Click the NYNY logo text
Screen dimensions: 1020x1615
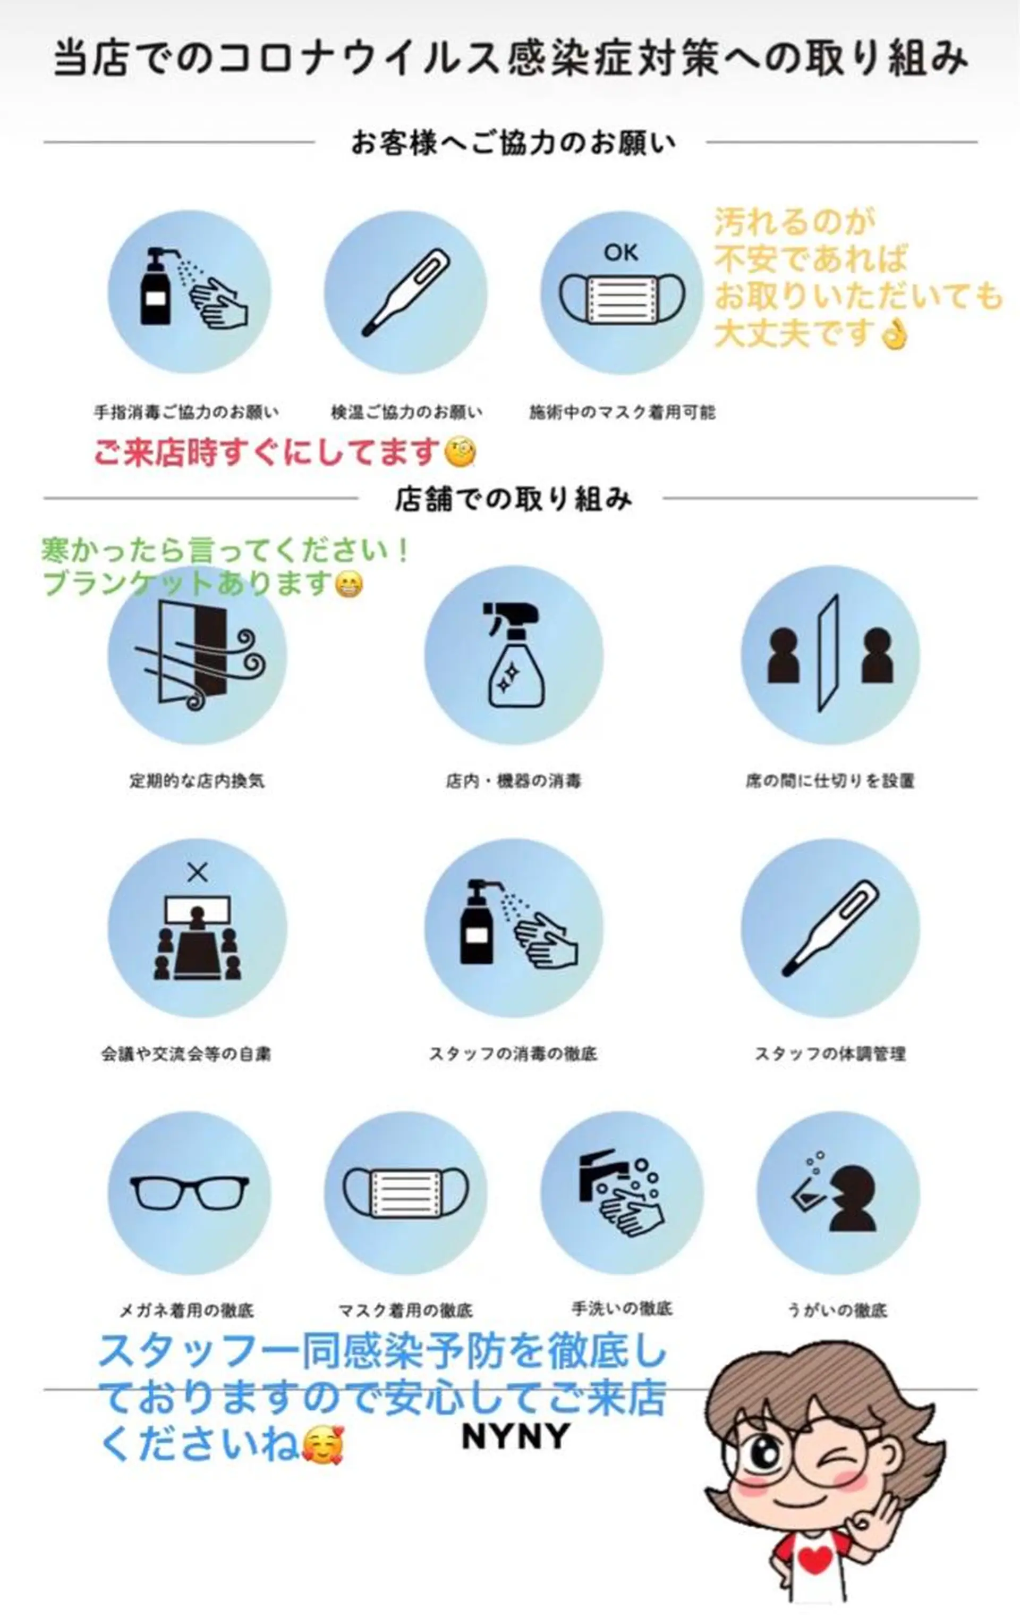pos(515,1436)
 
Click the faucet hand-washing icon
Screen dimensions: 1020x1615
pos(620,1192)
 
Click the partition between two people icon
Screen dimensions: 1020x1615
pos(830,654)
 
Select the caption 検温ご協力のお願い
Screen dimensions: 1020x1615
pos(406,412)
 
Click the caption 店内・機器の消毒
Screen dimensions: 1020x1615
pos(513,781)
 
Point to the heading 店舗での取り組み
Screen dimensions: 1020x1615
pos(513,499)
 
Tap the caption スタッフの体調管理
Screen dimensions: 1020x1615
pos(830,1054)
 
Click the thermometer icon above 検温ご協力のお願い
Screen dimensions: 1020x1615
pos(406,292)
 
